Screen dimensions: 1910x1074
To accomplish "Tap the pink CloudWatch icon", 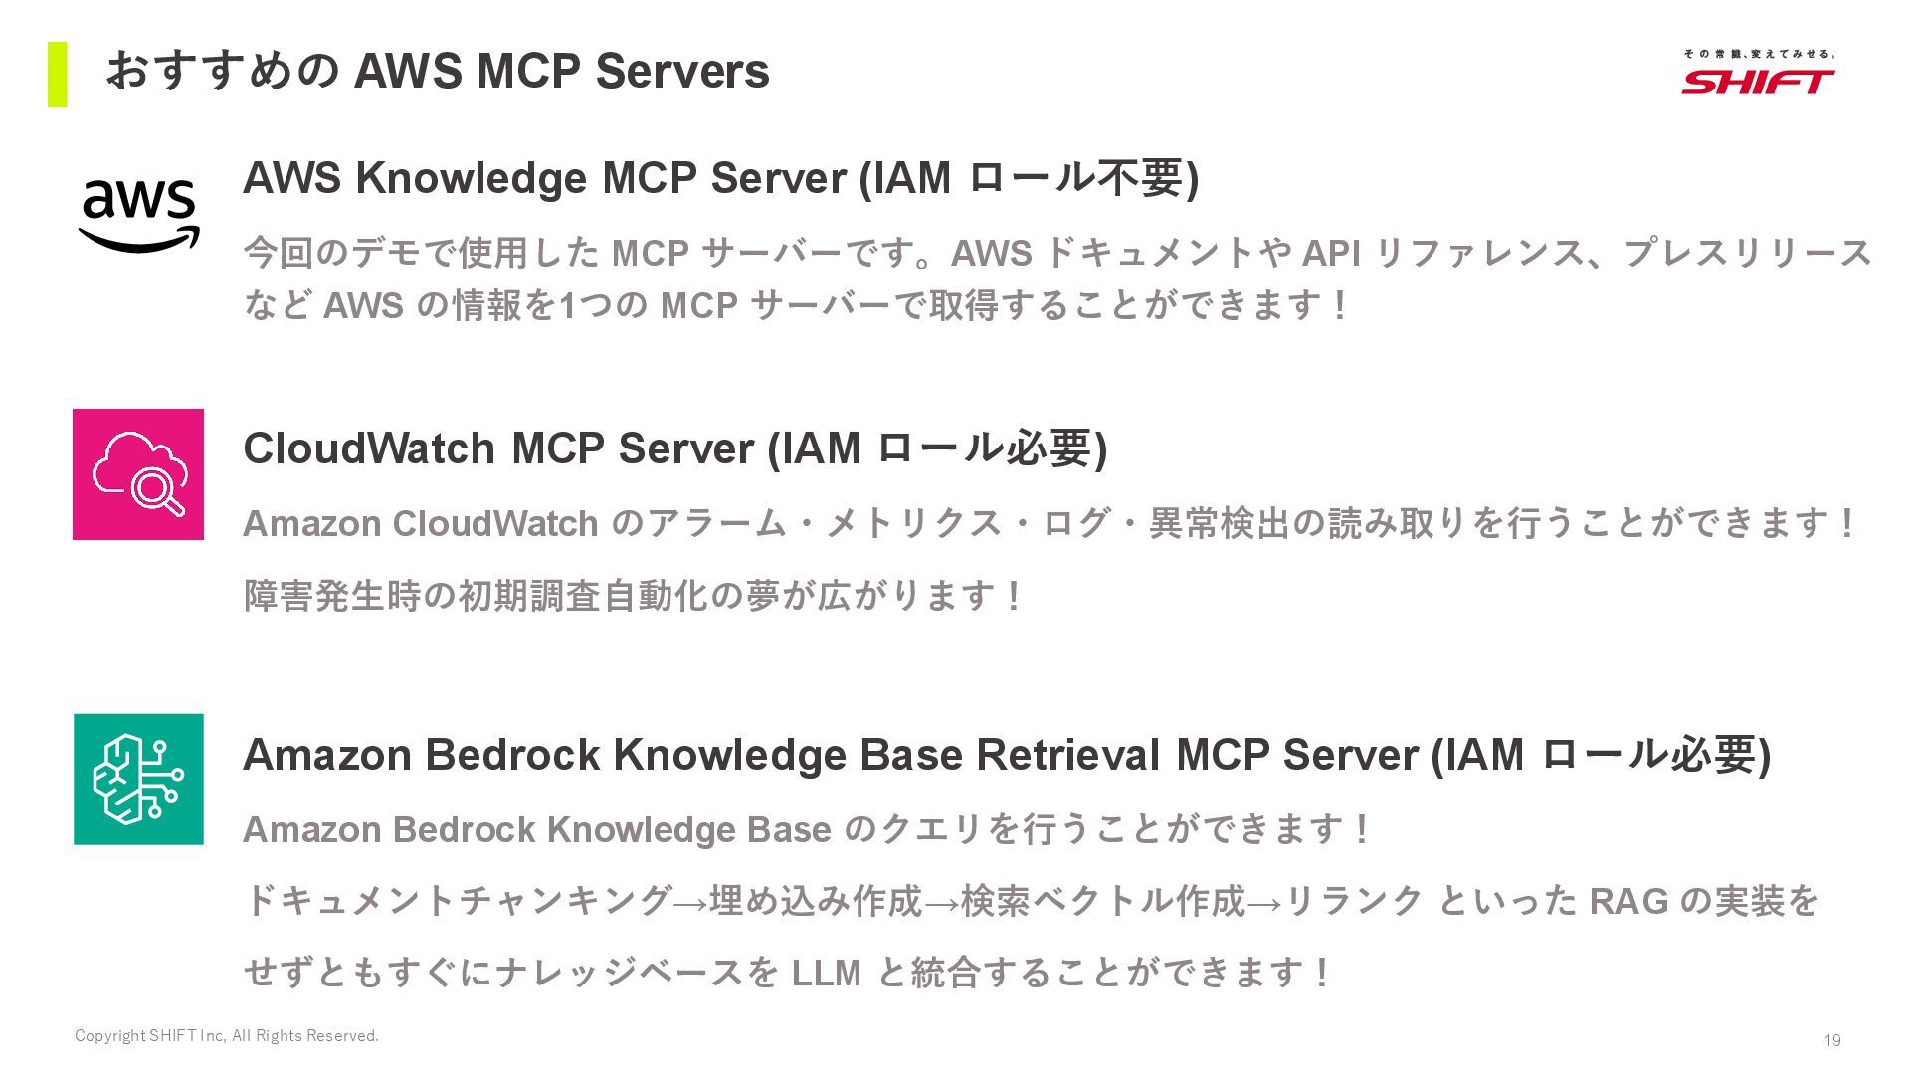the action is (x=138, y=474).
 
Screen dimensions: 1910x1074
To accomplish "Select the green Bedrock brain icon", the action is (x=138, y=779).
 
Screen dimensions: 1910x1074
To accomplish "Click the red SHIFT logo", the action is (x=1758, y=80).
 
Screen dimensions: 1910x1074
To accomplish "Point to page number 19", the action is (x=1831, y=1040).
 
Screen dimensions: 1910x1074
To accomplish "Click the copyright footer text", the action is (x=227, y=1036).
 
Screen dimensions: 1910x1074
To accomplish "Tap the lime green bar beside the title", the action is (x=57, y=74).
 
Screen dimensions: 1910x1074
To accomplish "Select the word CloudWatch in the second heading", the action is (x=369, y=448).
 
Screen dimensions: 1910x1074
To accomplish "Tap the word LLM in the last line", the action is (x=826, y=973).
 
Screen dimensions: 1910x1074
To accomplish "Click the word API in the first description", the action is (x=1331, y=254).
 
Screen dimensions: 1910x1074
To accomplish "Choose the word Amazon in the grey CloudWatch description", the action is (x=311, y=524).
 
